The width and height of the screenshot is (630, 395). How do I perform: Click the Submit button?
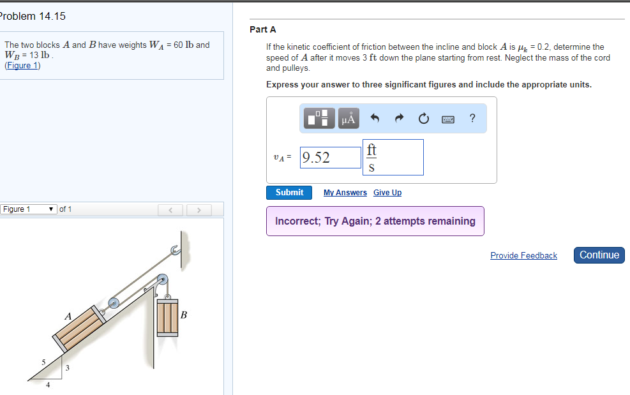pyautogui.click(x=289, y=192)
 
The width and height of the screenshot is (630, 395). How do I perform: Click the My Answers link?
pyautogui.click(x=345, y=193)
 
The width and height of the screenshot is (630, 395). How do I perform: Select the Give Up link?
pyautogui.click(x=387, y=193)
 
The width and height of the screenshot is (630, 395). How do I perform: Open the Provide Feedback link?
pyautogui.click(x=523, y=255)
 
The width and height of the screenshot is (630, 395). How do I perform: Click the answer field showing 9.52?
pyautogui.click(x=331, y=158)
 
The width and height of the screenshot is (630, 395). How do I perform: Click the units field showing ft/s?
pyautogui.click(x=393, y=158)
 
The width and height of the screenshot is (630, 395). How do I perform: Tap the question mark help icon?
pyautogui.click(x=472, y=118)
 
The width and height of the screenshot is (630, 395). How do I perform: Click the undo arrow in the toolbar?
pyautogui.click(x=375, y=118)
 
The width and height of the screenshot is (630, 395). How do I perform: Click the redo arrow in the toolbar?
pyautogui.click(x=400, y=118)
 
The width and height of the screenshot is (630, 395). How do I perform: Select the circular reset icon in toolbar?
pyautogui.click(x=423, y=118)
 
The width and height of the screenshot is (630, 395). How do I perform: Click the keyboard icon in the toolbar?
pyautogui.click(x=447, y=119)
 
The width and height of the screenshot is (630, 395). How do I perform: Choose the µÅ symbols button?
pyautogui.click(x=349, y=118)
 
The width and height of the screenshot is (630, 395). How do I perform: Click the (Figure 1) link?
pyautogui.click(x=22, y=65)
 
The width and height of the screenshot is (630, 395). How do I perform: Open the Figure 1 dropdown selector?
pyautogui.click(x=28, y=209)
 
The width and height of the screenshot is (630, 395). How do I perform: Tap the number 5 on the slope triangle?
pyautogui.click(x=43, y=362)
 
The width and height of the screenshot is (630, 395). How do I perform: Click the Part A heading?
pyautogui.click(x=263, y=29)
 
